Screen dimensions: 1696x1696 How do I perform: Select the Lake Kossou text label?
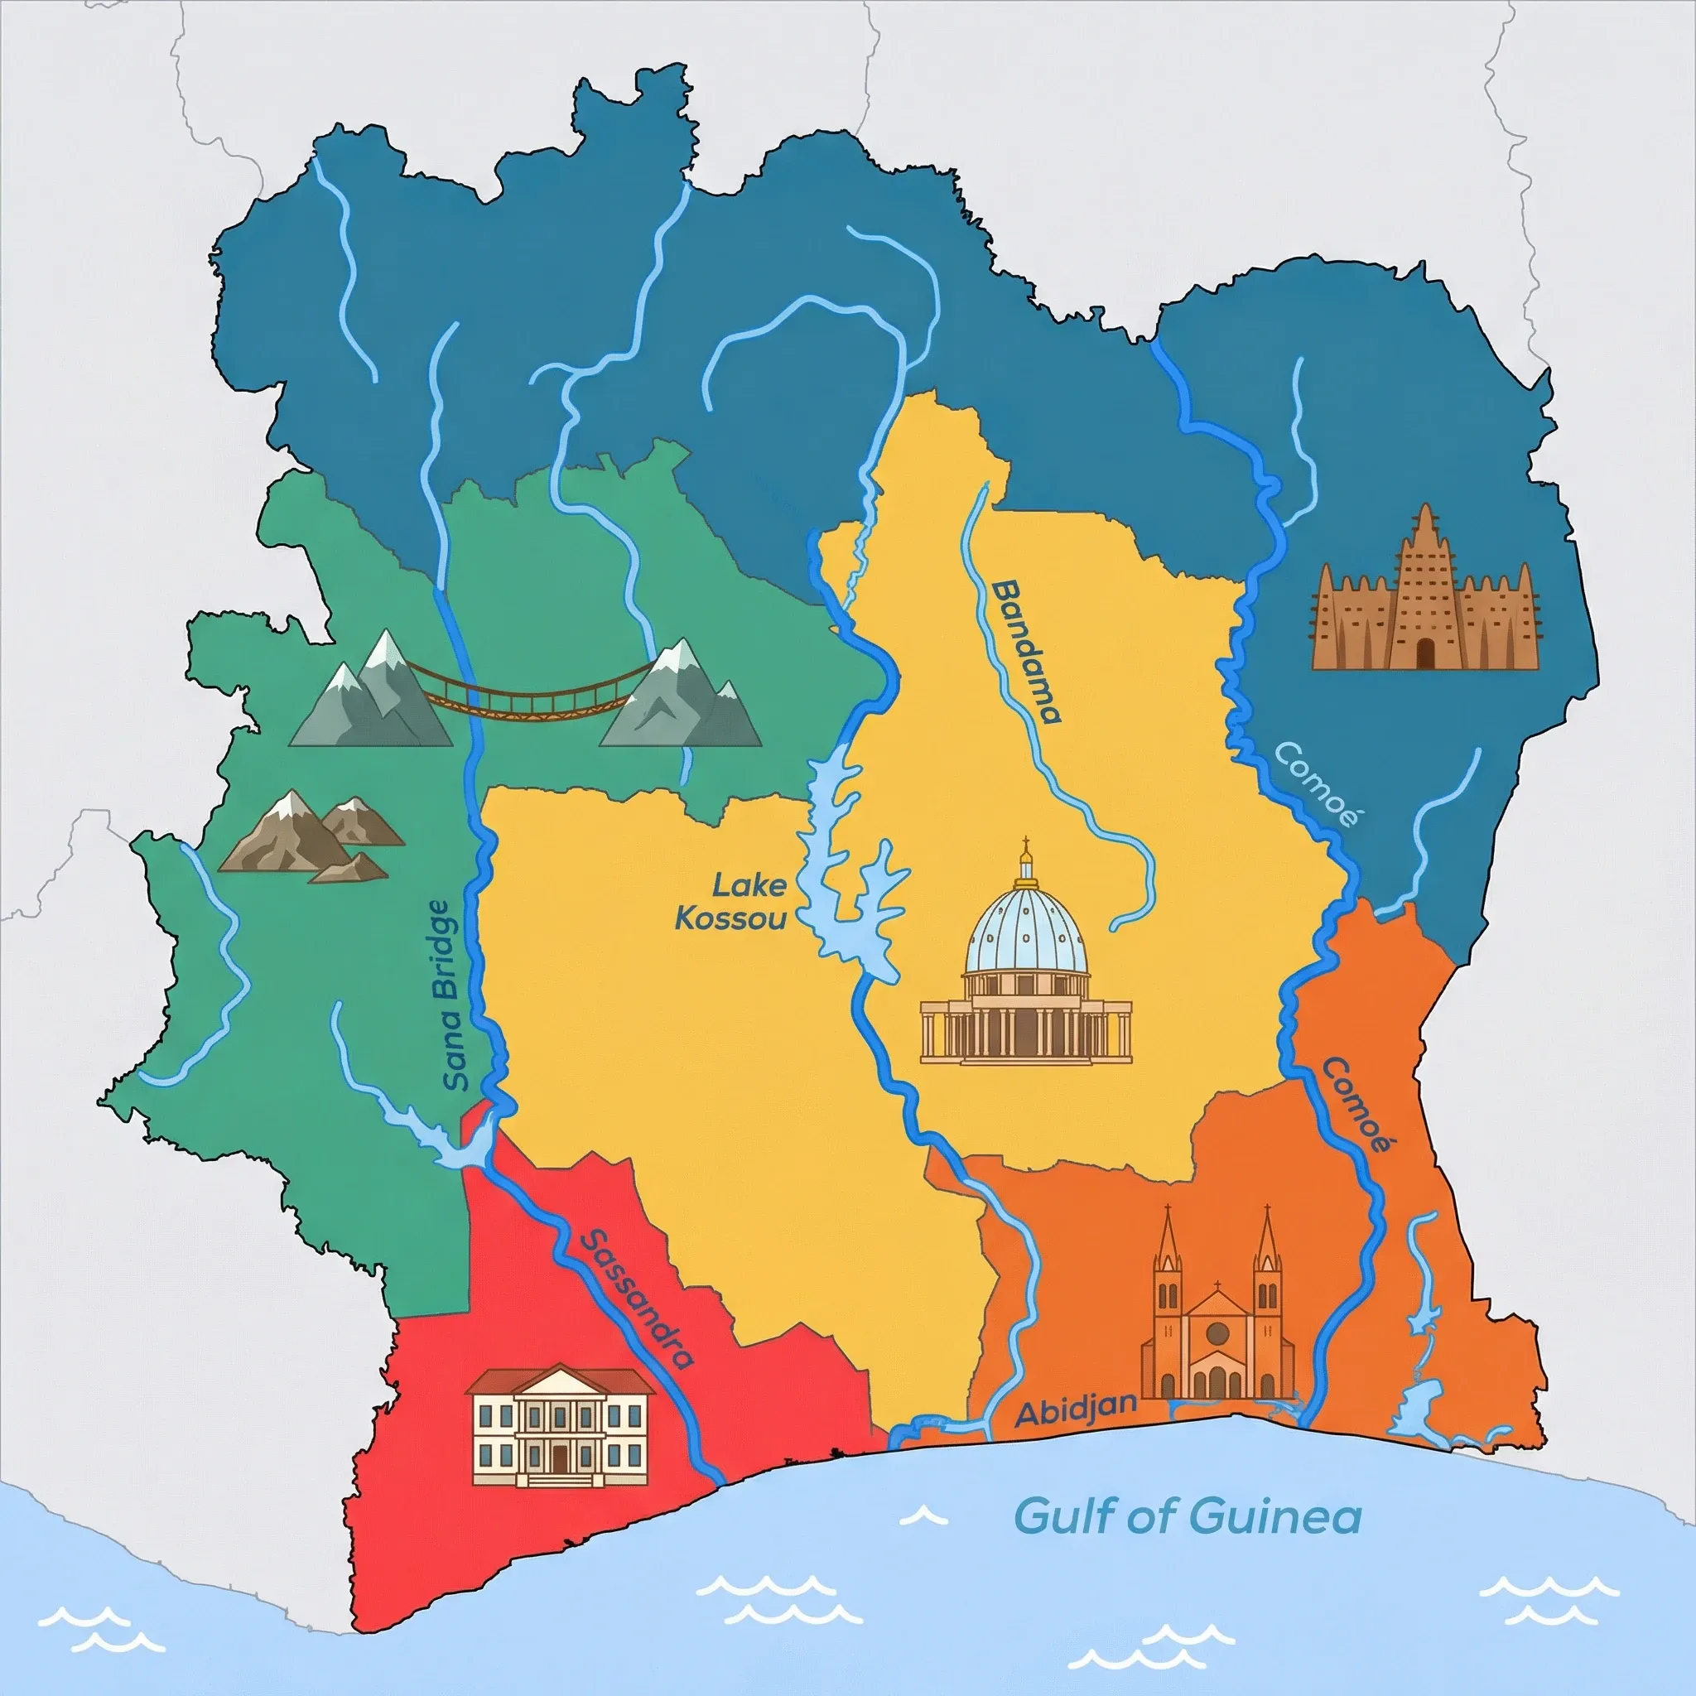(731, 901)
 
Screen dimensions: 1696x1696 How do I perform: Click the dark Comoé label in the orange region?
(1356, 1106)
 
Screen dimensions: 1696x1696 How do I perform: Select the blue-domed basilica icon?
(1025, 966)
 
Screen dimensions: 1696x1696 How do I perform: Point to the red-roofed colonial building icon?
(560, 1424)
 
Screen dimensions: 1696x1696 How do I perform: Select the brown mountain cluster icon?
(310, 835)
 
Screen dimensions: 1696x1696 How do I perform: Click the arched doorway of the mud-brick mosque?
(1424, 653)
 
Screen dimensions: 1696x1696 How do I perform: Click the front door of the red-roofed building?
(560, 1459)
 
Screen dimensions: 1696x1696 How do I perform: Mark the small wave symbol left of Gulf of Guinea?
(924, 1516)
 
